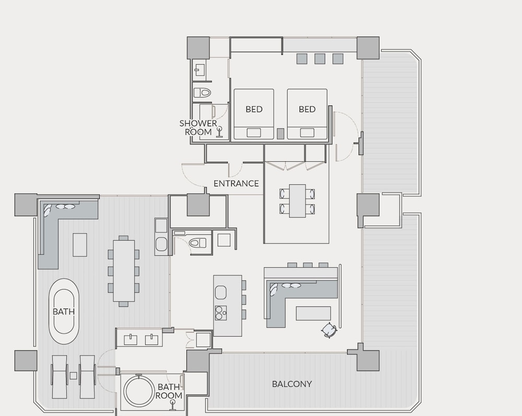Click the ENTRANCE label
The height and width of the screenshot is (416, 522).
(236, 183)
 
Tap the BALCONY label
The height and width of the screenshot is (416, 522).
(292, 384)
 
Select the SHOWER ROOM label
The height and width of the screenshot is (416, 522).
(198, 127)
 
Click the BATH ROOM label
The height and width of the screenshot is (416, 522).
(169, 391)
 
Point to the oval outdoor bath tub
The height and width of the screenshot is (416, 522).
(64, 312)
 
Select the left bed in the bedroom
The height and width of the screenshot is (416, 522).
(254, 114)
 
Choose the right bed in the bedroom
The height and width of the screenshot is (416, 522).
(307, 114)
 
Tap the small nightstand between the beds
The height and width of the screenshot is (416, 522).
(281, 134)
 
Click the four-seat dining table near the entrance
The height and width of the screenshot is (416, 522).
(298, 200)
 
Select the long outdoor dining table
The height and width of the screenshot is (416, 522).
(124, 270)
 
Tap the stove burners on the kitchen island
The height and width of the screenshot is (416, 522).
(221, 313)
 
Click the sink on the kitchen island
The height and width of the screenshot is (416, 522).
(221, 292)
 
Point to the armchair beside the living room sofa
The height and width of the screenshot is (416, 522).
(329, 330)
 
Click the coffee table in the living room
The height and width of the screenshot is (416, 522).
(313, 314)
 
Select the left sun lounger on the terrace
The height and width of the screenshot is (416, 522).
(60, 377)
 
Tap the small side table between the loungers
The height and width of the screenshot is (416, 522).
(73, 376)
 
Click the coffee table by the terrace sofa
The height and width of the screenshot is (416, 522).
(80, 245)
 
